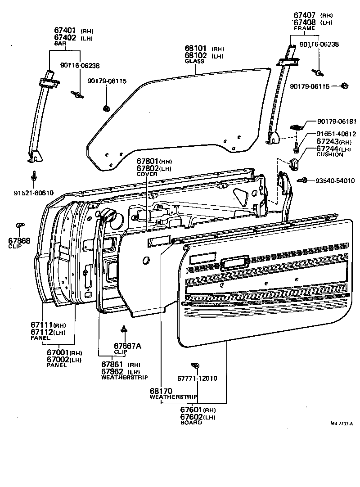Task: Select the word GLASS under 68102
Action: coord(194,61)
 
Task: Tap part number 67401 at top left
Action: coord(65,31)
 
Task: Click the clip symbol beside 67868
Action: coord(20,225)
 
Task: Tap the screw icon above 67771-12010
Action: coord(195,365)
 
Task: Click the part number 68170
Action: coord(161,391)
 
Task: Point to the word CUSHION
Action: coord(330,154)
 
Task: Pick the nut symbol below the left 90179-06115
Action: coord(106,108)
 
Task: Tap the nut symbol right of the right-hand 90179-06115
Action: coord(345,86)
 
